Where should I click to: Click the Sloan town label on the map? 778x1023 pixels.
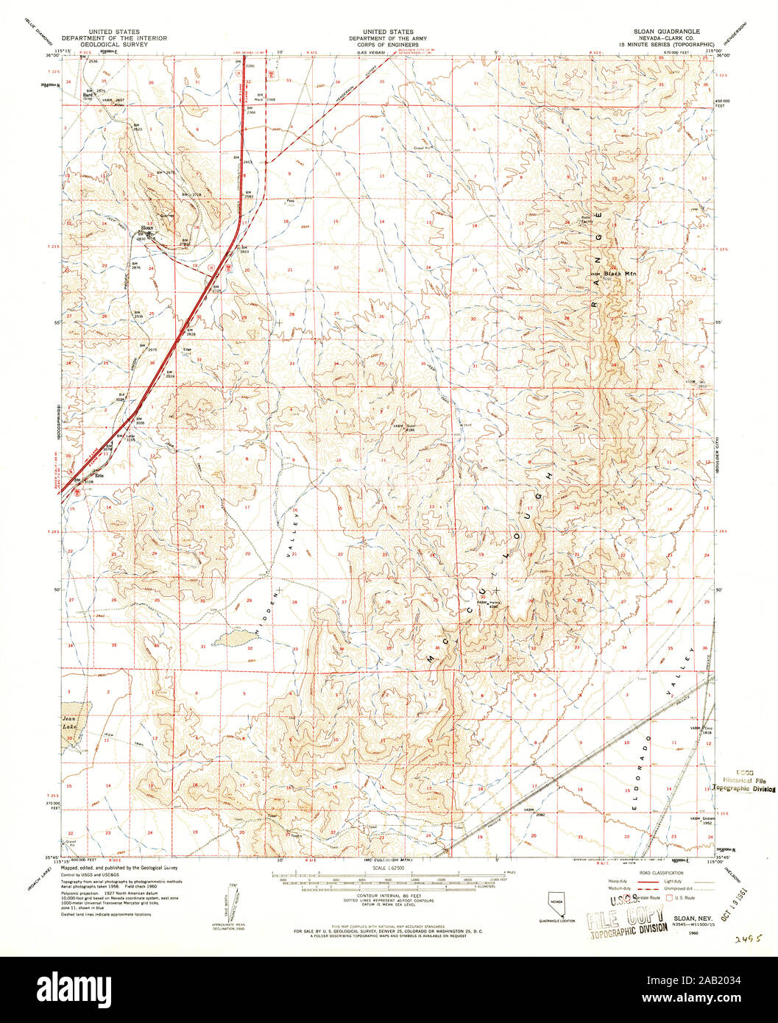[145, 228]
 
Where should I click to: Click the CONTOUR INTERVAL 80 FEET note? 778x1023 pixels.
[389, 899]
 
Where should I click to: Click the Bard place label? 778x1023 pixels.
[88, 95]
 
